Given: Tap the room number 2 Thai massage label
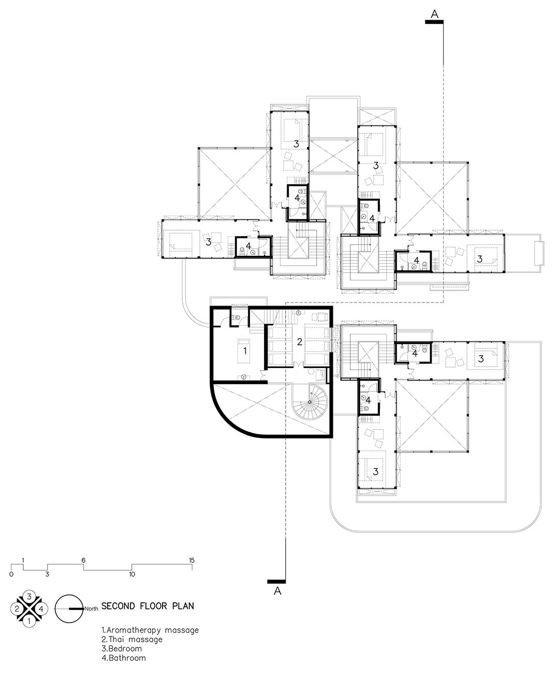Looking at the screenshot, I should (299, 341).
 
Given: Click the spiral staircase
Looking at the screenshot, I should (309, 402).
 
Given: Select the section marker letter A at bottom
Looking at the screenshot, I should (277, 591).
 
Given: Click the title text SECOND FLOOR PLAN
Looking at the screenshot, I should (148, 606).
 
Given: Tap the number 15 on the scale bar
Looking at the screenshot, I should (192, 560).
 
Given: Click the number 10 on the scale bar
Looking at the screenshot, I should (131, 574).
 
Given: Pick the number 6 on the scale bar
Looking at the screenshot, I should (83, 560).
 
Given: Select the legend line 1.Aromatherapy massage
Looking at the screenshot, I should (150, 630).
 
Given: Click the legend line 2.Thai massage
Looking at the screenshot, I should (132, 640).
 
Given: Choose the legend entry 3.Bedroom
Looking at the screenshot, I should (123, 649).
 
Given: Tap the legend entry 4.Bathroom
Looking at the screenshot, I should (124, 658).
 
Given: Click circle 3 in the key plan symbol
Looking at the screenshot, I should (30, 596).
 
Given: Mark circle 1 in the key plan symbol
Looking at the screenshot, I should (30, 620).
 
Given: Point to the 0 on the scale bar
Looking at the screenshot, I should (11, 574).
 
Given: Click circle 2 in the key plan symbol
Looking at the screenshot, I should (18, 608).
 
